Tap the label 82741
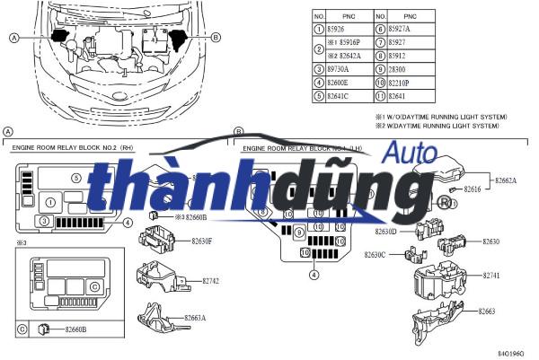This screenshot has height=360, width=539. click(x=493, y=275)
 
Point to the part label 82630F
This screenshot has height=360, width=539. click(x=200, y=241)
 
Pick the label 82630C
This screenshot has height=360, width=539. click(x=376, y=255)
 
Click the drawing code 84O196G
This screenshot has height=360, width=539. click(x=510, y=353)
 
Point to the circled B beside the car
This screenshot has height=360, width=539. click(x=216, y=37)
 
